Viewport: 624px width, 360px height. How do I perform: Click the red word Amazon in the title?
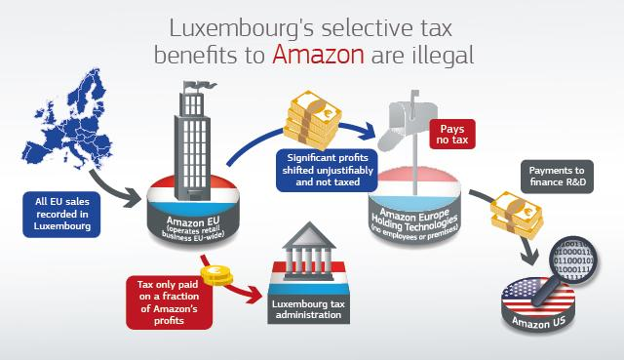pyautogui.click(x=318, y=55)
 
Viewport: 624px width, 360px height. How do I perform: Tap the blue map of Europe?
pyautogui.click(x=67, y=119)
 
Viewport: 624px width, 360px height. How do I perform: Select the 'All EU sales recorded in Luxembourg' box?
pyautogui.click(x=61, y=215)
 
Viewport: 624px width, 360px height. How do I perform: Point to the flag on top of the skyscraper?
pyautogui.click(x=198, y=86)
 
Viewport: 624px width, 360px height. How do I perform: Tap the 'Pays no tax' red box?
pyautogui.click(x=452, y=135)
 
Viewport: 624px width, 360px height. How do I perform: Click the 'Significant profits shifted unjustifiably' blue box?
pyautogui.click(x=328, y=170)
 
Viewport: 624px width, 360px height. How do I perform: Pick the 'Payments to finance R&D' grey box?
pyautogui.click(x=557, y=177)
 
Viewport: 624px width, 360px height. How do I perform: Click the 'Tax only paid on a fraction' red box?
pyautogui.click(x=169, y=302)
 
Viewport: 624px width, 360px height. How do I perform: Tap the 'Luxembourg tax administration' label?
pyautogui.click(x=308, y=309)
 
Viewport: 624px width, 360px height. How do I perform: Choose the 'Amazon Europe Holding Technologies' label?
pyautogui.click(x=414, y=222)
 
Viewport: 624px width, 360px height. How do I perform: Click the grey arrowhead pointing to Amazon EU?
pyautogui.click(x=133, y=197)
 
